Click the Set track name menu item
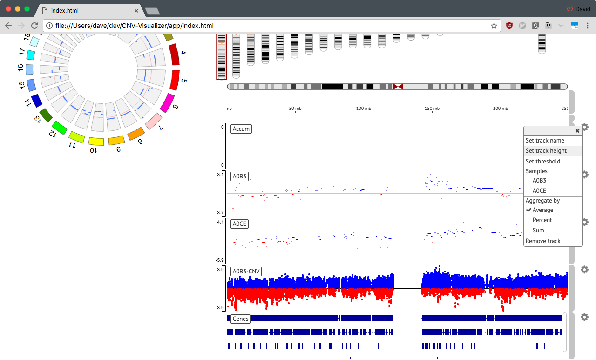(545, 141)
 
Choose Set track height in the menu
(546, 150)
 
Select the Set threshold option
(543, 161)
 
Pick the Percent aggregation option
(542, 220)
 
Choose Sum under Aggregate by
(538, 231)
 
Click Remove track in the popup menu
(543, 241)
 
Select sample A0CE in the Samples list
(539, 191)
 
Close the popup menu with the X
(577, 131)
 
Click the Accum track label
(241, 129)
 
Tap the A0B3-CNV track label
(246, 272)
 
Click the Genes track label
(241, 319)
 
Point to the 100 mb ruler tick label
(364, 109)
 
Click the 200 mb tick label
(501, 109)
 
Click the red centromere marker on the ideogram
(398, 87)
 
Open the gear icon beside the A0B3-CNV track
(584, 270)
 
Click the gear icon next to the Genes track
(584, 317)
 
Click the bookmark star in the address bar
(494, 26)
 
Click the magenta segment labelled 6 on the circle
(167, 103)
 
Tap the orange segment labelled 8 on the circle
(136, 134)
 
